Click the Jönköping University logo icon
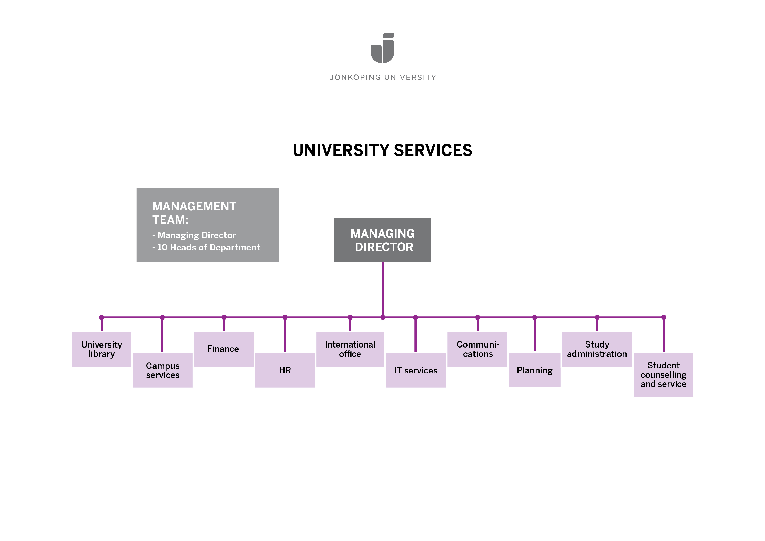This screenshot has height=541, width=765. coord(382,48)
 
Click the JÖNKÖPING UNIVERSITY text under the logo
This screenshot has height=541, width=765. coord(382,77)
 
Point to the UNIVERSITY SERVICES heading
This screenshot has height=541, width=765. coord(382,150)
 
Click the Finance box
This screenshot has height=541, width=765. coord(224,349)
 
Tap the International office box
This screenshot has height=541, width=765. coord(350,349)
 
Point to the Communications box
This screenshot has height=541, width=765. coord(477,349)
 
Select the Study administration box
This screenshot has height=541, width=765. coord(597,349)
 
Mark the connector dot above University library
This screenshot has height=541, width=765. coord(102,317)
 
